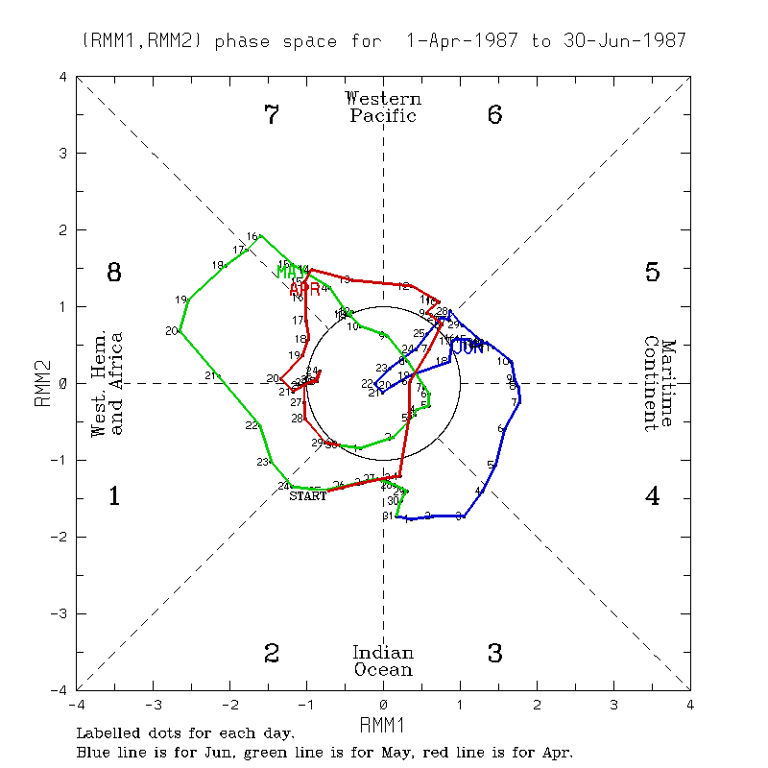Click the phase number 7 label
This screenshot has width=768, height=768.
click(x=272, y=115)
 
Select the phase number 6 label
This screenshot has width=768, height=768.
click(x=495, y=115)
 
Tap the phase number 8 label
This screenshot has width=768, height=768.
click(x=113, y=273)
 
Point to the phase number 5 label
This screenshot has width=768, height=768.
click(x=652, y=273)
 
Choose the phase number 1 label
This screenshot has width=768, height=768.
click(x=113, y=496)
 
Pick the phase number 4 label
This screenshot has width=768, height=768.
click(x=652, y=496)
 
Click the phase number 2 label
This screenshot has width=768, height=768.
click(x=272, y=654)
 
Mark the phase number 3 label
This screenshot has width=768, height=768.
click(x=495, y=654)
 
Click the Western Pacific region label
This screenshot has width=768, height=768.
click(x=383, y=107)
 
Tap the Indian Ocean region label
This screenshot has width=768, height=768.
click(x=383, y=660)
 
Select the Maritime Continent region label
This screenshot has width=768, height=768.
click(x=660, y=384)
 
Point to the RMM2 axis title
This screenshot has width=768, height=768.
click(x=42, y=384)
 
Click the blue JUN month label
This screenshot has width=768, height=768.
click(x=468, y=347)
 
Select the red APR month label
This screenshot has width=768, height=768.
click(x=304, y=289)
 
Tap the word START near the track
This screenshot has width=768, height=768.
click(x=308, y=496)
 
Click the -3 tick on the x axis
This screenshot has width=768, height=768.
click(x=153, y=705)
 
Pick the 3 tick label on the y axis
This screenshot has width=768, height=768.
click(x=62, y=154)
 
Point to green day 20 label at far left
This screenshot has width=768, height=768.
click(x=172, y=331)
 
